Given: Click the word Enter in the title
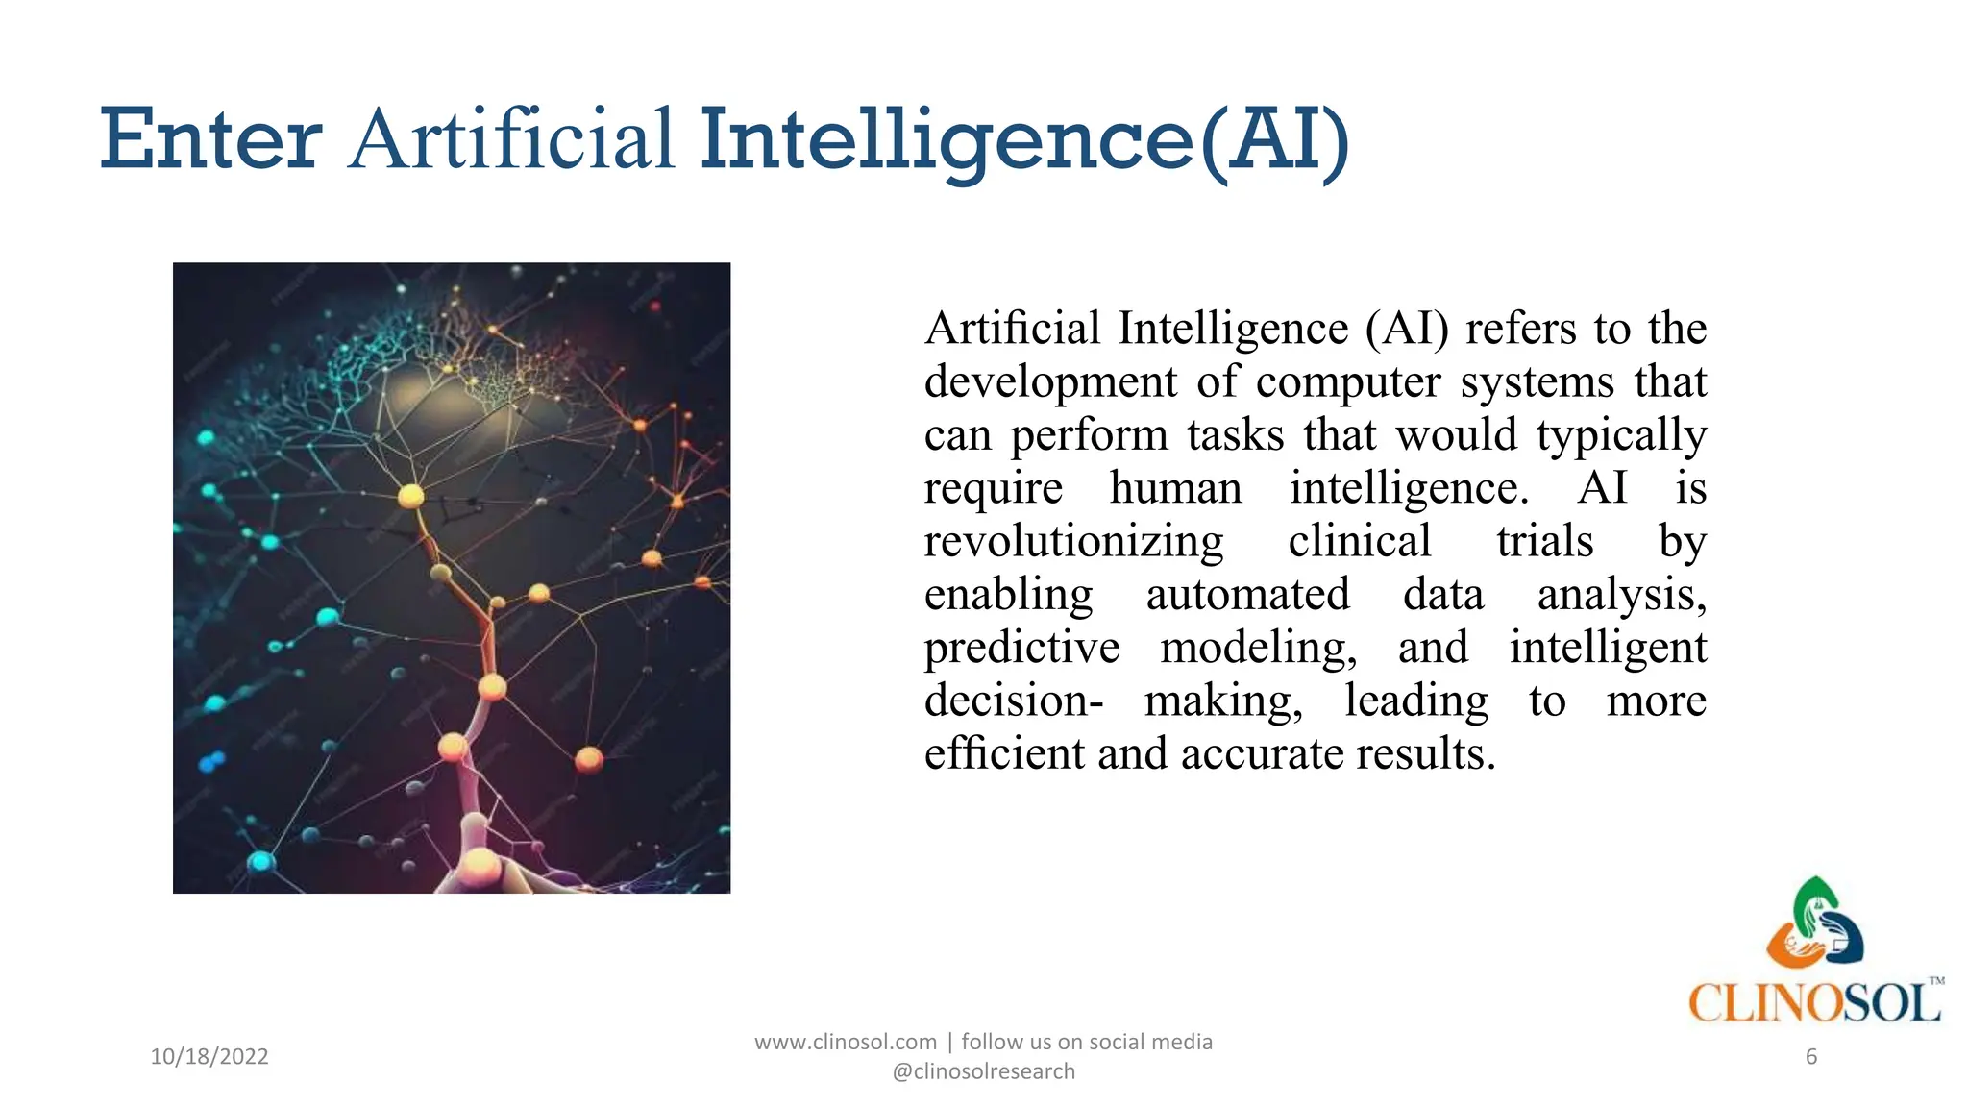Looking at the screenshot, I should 210,140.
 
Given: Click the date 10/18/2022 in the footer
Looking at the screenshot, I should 209,1056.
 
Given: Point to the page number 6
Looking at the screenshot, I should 1811,1057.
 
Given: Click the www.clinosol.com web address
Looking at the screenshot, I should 846,1042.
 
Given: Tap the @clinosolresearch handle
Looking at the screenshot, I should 983,1071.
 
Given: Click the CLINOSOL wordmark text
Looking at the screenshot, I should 1814,1003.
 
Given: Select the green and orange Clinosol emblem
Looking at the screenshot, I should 1815,922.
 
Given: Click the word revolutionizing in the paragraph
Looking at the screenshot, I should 1073,542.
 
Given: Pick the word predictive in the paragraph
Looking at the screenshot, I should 1021,649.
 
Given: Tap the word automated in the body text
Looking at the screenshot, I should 1247,595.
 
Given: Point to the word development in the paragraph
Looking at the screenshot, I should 1050,382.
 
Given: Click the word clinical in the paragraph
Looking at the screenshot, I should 1360,542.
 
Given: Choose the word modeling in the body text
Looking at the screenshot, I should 1258,649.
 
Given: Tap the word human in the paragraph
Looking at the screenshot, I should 1175,488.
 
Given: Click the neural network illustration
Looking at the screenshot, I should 452,578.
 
